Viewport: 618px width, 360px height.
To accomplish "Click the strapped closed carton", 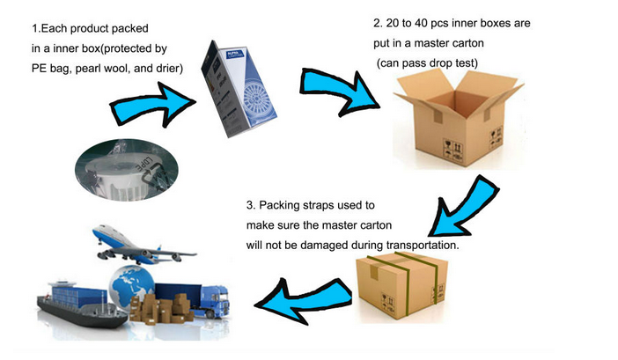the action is [402, 285].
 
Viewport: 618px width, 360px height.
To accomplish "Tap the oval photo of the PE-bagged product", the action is [127, 170].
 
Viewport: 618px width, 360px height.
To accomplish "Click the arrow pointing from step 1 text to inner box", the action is [154, 106].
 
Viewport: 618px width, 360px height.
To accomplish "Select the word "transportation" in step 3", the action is [422, 246].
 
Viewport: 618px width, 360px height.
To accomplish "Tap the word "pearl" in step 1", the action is [86, 69].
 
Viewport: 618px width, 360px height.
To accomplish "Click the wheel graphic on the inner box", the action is [258, 101].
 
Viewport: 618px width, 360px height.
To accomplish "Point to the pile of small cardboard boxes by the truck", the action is [162, 309].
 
